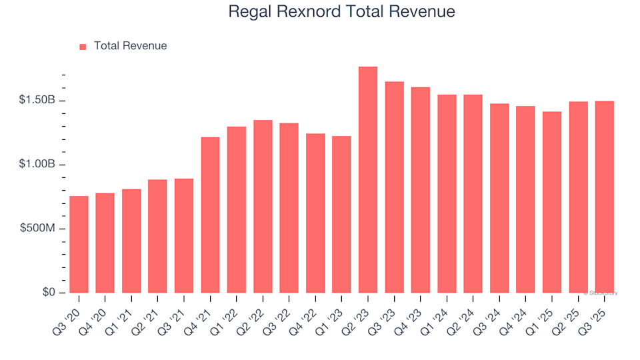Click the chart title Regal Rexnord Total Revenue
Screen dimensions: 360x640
[341, 12]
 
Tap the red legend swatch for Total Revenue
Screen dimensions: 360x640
[83, 47]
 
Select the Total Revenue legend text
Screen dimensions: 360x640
[130, 46]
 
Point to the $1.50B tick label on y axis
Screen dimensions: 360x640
[38, 100]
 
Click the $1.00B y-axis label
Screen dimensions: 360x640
[38, 165]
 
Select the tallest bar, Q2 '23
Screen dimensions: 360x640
[368, 180]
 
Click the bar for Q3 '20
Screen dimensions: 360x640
[79, 245]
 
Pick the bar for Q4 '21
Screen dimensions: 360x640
[210, 215]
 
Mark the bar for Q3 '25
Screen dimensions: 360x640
[605, 197]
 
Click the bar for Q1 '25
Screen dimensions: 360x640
[552, 203]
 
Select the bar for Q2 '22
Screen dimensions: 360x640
[263, 207]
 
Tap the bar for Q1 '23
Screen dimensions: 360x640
[341, 215]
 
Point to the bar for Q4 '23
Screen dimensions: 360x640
[421, 190]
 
